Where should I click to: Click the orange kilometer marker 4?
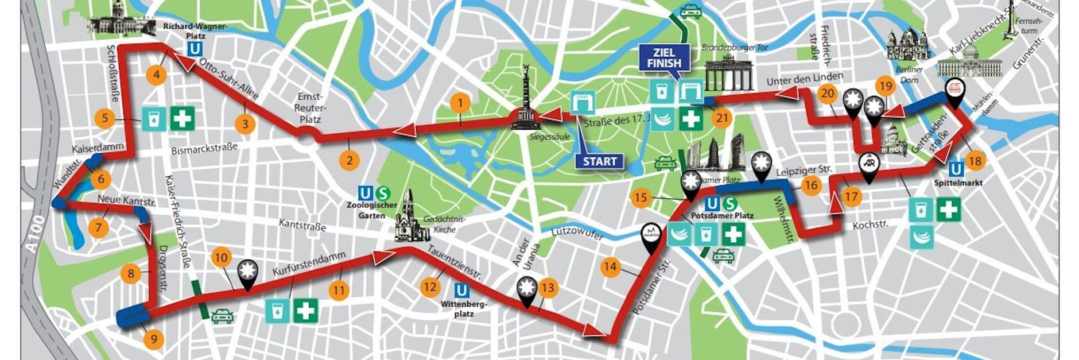tap(156, 75)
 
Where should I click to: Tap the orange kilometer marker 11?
tap(339, 290)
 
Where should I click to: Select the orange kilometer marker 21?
tap(722, 118)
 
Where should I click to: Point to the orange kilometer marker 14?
tap(610, 267)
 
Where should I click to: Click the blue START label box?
tap(599, 161)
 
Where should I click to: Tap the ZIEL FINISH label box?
tap(664, 58)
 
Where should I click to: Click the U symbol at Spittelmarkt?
tap(956, 169)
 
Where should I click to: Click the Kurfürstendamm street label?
tap(309, 263)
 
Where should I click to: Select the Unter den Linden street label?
tap(805, 79)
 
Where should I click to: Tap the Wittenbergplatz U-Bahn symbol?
tap(461, 291)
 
